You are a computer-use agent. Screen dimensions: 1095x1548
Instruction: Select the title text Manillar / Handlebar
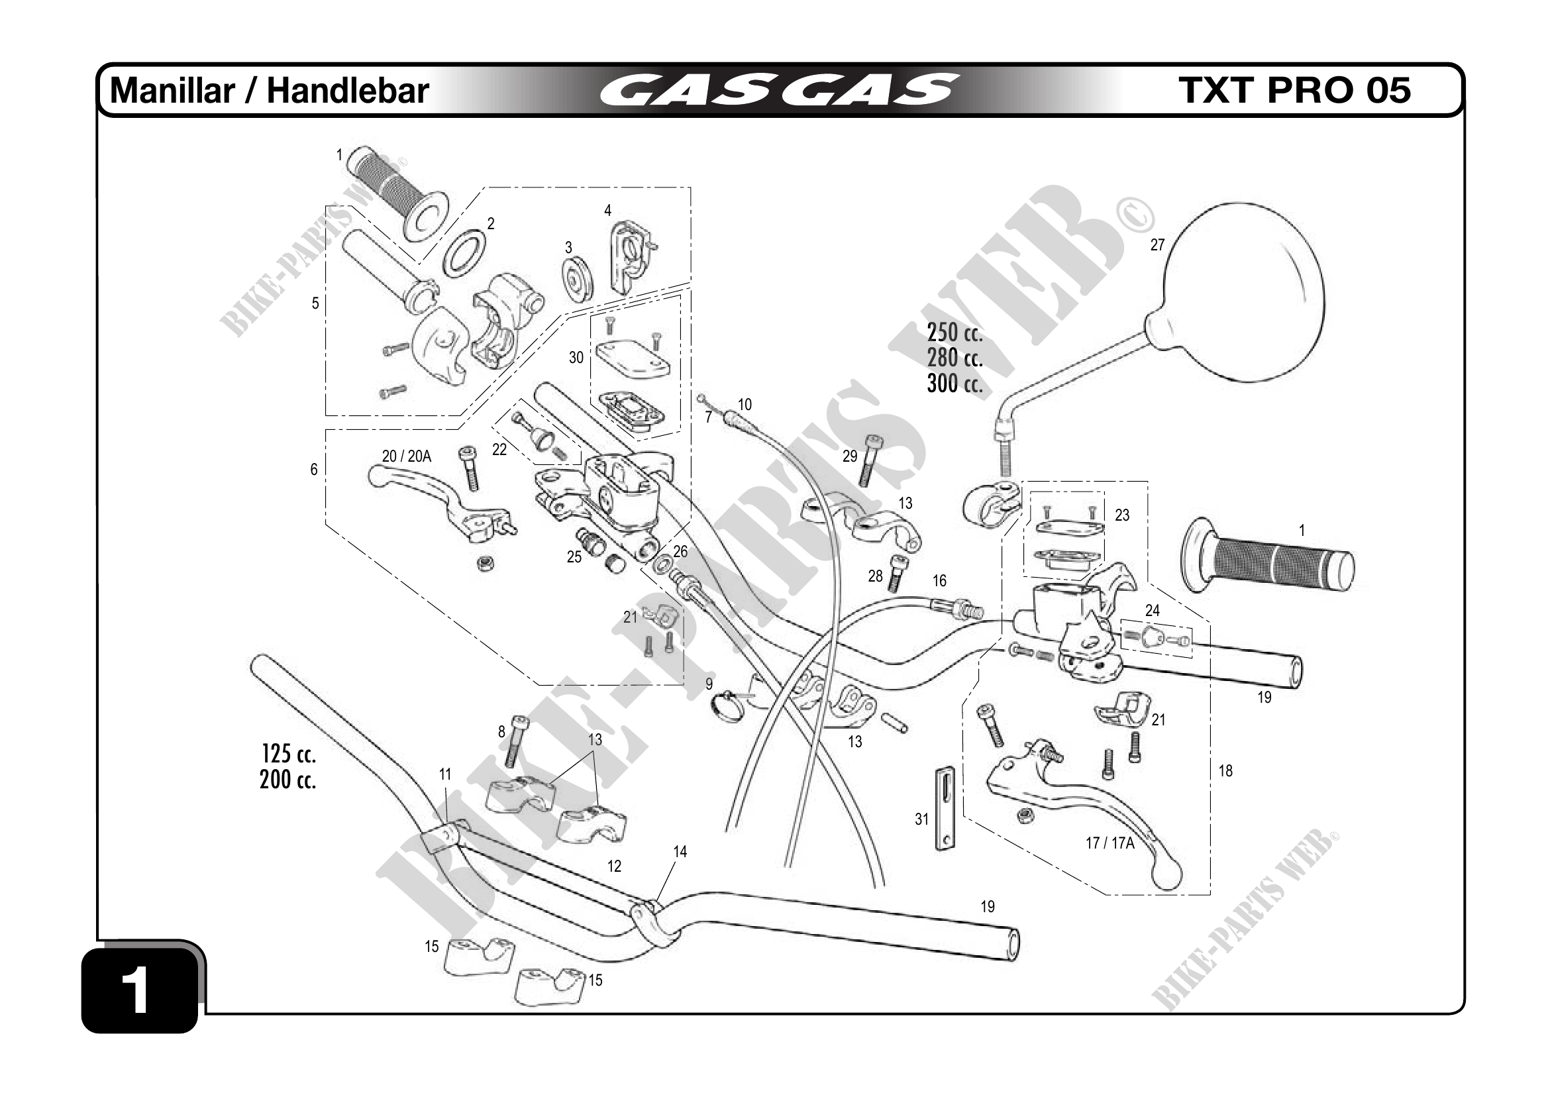(x=270, y=90)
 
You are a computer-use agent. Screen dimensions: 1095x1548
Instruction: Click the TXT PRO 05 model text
(x=1294, y=90)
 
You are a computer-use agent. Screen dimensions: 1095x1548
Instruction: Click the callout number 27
(x=1157, y=244)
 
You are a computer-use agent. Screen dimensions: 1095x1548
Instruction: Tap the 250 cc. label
(x=955, y=333)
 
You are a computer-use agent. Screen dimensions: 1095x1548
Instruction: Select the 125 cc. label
(x=289, y=754)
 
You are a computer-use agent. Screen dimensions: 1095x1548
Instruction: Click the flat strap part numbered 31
(x=946, y=809)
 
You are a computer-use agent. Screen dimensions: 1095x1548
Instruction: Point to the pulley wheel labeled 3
(x=578, y=279)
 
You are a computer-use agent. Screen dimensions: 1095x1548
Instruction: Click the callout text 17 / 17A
(x=1109, y=843)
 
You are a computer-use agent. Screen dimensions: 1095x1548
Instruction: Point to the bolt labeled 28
(x=898, y=574)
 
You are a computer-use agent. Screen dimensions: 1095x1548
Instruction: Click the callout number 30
(x=576, y=357)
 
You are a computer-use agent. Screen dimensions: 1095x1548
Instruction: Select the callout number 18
(x=1225, y=770)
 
